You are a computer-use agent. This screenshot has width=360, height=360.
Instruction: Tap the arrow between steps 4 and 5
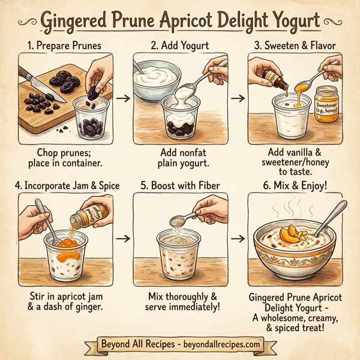coord(122,238)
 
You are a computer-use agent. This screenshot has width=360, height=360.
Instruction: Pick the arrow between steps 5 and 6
coord(238,238)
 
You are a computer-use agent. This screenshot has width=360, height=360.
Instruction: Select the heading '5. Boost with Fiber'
coord(180,185)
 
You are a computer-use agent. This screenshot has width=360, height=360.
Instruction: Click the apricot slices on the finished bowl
coord(292,232)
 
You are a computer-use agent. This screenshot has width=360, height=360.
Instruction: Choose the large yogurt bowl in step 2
coord(156,78)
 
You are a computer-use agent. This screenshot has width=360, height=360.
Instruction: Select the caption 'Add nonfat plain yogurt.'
coord(179,157)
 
